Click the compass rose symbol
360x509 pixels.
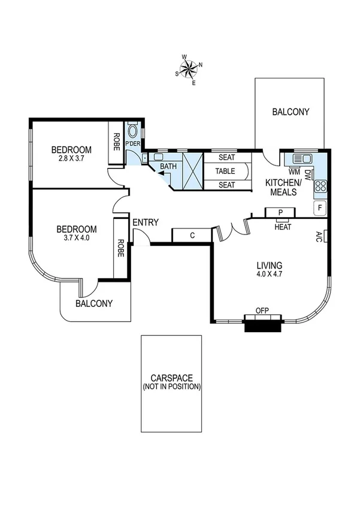(x=189, y=68)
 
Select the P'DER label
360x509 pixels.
(x=132, y=144)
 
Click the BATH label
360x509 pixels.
(x=168, y=166)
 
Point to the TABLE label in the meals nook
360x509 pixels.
(x=226, y=171)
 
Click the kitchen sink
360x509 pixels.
(x=301, y=159)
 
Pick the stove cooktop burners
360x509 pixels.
(x=320, y=186)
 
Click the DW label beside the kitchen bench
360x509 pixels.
(x=307, y=175)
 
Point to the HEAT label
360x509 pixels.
(x=283, y=227)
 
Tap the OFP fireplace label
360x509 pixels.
(x=262, y=310)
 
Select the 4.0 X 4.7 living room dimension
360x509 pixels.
(x=270, y=275)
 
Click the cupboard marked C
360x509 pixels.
(x=192, y=235)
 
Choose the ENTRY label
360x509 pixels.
(x=146, y=222)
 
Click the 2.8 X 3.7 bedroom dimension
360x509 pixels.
(x=71, y=159)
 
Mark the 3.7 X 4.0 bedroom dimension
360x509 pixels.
(x=76, y=238)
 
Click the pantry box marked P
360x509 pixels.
(x=280, y=212)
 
